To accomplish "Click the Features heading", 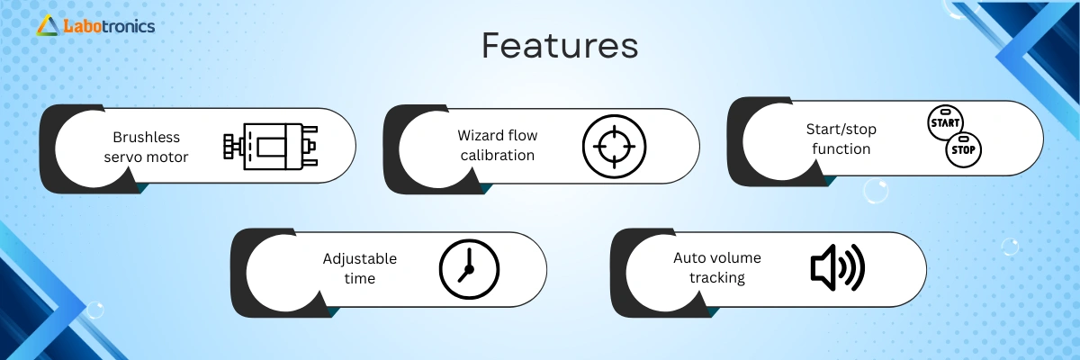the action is pyautogui.click(x=560, y=46).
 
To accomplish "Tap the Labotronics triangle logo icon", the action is pyautogui.click(x=48, y=25).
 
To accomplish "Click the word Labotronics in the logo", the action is pyautogui.click(x=109, y=26).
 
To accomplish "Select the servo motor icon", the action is pyautogui.click(x=271, y=147).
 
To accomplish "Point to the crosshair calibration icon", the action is pyautogui.click(x=614, y=146).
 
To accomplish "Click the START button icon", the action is pyautogui.click(x=945, y=122).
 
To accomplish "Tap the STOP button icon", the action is pyautogui.click(x=963, y=149).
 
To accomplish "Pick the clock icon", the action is pyautogui.click(x=469, y=269).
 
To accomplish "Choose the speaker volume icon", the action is pyautogui.click(x=838, y=267).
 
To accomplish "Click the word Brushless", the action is pyautogui.click(x=146, y=138).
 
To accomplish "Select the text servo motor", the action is pyautogui.click(x=146, y=157).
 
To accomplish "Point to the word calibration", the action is pyautogui.click(x=498, y=155).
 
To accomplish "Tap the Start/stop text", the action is pyautogui.click(x=841, y=130).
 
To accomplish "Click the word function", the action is pyautogui.click(x=841, y=148).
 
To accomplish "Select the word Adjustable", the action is pyautogui.click(x=360, y=259).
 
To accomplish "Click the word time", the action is pyautogui.click(x=360, y=279).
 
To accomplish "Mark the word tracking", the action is pyautogui.click(x=717, y=278).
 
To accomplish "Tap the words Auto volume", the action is pyautogui.click(x=717, y=257).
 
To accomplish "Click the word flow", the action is pyautogui.click(x=522, y=135).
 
